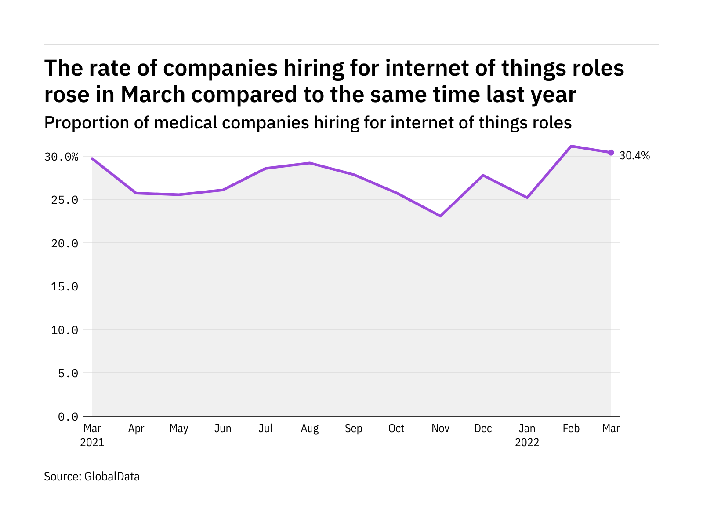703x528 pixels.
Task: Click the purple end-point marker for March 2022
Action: tap(611, 153)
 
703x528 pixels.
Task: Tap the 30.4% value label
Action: tap(634, 156)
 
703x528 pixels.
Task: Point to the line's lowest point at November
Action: tap(440, 216)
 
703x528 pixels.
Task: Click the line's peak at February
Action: tap(571, 146)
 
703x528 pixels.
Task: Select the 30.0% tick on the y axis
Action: tap(61, 157)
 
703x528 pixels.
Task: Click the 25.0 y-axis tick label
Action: tap(65, 200)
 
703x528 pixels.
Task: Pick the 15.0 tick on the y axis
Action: tap(65, 287)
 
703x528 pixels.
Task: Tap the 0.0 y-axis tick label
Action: tap(68, 417)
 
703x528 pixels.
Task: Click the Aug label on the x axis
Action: tap(310, 429)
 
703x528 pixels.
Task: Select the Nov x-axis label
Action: tap(440, 429)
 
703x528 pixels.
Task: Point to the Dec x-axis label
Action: tap(483, 429)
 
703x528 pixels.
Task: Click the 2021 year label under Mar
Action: tap(92, 442)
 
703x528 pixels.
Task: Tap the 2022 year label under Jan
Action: tap(527, 442)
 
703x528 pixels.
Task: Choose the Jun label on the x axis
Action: tap(223, 429)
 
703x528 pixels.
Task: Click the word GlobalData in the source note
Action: tap(112, 477)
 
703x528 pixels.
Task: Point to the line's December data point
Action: tap(483, 175)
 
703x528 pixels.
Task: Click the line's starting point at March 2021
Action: tap(92, 158)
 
